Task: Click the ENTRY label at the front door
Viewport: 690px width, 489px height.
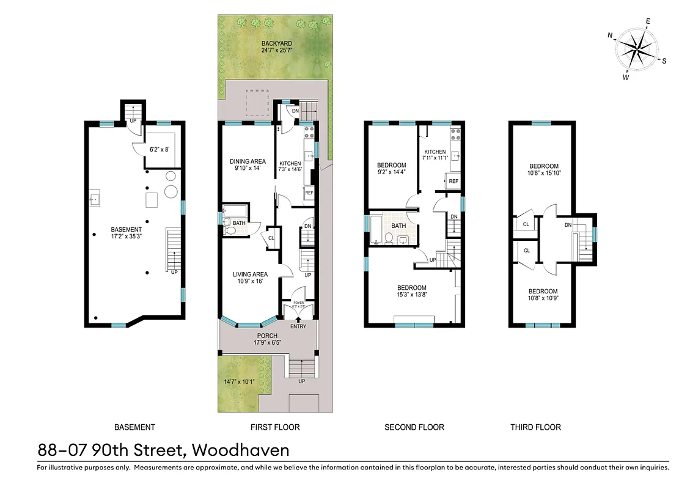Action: click(298, 326)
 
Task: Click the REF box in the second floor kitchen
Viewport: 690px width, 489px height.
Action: click(453, 182)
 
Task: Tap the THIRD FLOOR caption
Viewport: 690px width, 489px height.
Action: click(535, 427)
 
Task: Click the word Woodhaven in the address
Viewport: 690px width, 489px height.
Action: click(240, 450)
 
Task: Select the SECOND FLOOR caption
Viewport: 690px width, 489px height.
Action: click(414, 427)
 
